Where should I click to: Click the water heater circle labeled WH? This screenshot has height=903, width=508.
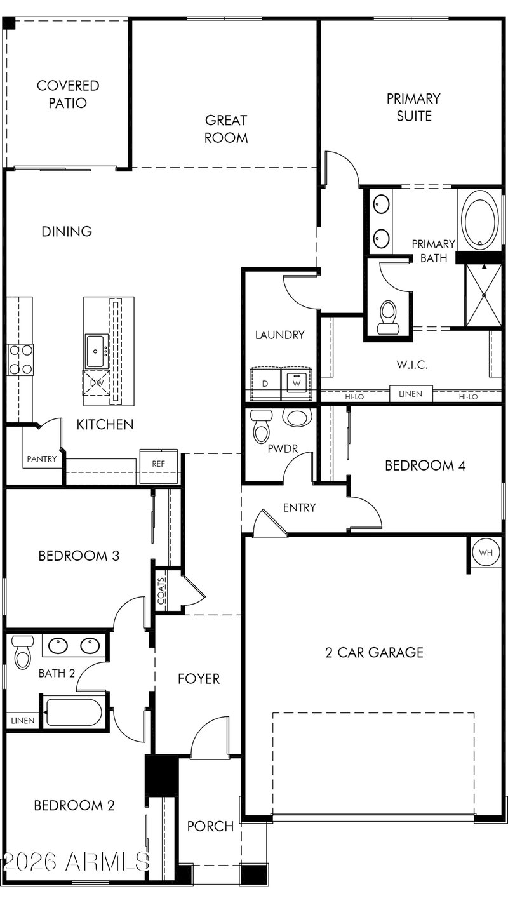click(485, 552)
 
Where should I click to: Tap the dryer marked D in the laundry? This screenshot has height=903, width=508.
click(265, 384)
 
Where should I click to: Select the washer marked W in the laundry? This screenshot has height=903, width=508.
click(297, 384)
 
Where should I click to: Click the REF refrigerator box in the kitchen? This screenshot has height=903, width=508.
click(159, 466)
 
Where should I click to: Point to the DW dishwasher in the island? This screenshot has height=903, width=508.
click(96, 382)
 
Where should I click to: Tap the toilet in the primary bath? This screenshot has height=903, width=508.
click(388, 318)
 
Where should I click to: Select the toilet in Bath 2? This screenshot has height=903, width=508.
click(22, 652)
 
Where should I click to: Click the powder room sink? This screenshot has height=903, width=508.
click(298, 418)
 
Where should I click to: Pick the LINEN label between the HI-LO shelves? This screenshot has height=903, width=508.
click(410, 394)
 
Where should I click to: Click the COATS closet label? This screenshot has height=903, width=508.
click(161, 591)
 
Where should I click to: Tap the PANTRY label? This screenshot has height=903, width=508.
click(41, 458)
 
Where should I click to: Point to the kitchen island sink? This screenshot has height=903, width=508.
click(97, 351)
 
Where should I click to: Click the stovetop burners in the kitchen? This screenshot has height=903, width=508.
click(20, 359)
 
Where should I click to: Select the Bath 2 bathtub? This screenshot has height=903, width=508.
click(74, 712)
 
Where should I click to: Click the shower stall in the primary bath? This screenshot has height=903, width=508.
click(483, 295)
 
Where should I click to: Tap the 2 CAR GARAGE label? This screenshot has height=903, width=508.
click(374, 652)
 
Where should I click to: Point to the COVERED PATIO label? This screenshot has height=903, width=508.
click(68, 94)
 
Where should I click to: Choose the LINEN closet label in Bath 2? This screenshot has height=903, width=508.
click(23, 720)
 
